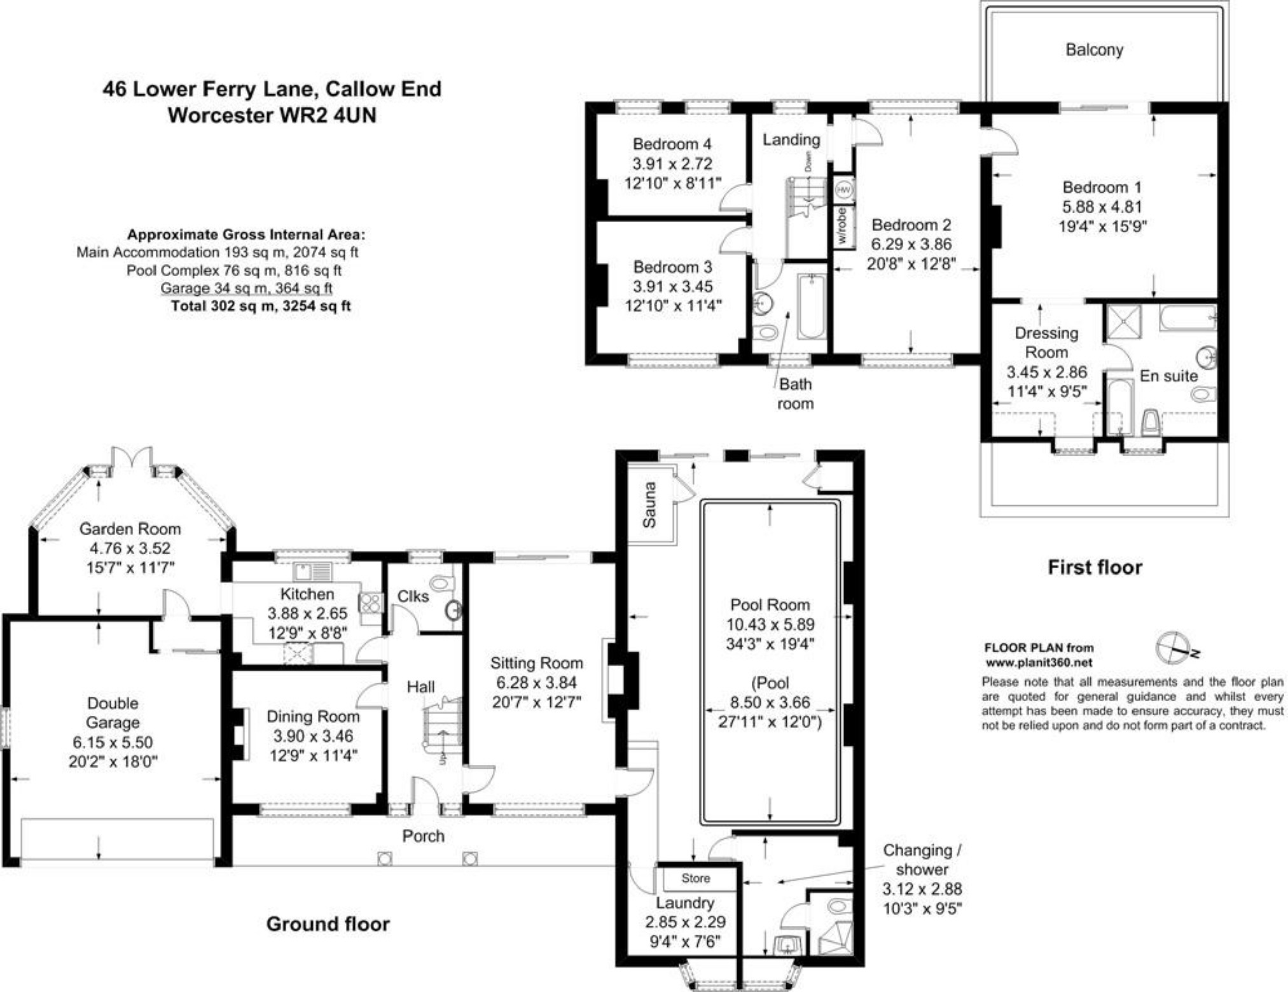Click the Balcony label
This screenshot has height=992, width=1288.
pyautogui.click(x=1094, y=50)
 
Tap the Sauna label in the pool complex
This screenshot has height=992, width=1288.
pyautogui.click(x=649, y=505)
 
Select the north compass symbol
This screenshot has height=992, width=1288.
pyautogui.click(x=1174, y=648)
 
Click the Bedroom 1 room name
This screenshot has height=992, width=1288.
pyautogui.click(x=1102, y=187)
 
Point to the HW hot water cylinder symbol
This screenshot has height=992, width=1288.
pyautogui.click(x=843, y=190)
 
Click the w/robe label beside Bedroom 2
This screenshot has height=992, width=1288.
pyautogui.click(x=842, y=225)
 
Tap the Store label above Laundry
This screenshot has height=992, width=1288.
pyautogui.click(x=695, y=878)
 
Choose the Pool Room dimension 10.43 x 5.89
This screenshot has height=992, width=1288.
pyautogui.click(x=770, y=624)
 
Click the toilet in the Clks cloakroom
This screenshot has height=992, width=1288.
pyautogui.click(x=443, y=582)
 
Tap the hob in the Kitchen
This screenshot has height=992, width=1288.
pyautogui.click(x=371, y=603)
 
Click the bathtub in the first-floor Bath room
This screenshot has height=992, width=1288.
pyautogui.click(x=812, y=307)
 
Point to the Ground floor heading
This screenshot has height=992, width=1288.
pyautogui.click(x=328, y=924)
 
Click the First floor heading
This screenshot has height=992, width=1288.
pyautogui.click(x=1095, y=567)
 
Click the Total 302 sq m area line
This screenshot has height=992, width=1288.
pyautogui.click(x=261, y=306)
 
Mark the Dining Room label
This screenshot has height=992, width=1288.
pyautogui.click(x=313, y=716)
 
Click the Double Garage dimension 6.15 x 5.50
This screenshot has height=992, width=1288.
pyautogui.click(x=113, y=742)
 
